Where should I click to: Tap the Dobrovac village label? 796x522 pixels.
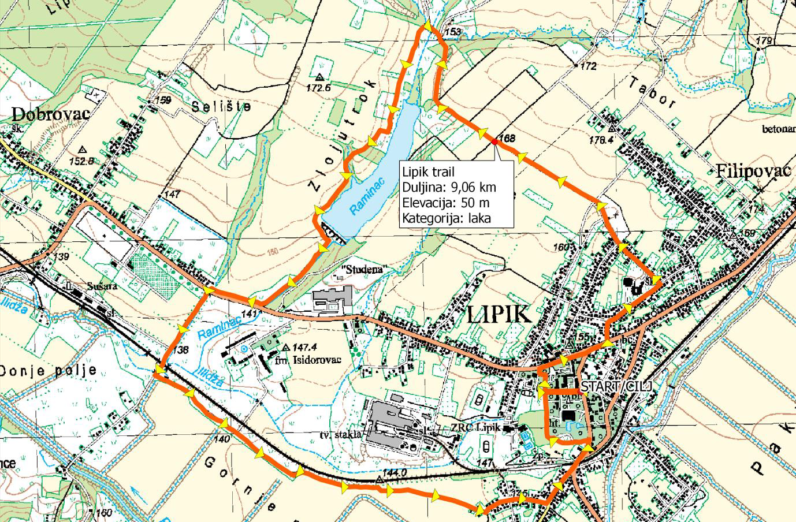(x=51, y=114)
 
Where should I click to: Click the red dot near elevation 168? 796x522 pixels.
(x=495, y=141)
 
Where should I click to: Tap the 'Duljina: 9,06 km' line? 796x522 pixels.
(x=449, y=188)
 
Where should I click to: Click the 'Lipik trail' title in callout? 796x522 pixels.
(x=428, y=172)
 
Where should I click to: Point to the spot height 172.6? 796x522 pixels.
(x=318, y=88)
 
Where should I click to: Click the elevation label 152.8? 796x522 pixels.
(x=81, y=161)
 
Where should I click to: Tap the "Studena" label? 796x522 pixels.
(x=362, y=270)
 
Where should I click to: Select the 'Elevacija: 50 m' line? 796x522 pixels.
(x=445, y=203)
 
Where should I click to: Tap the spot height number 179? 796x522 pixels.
(x=764, y=40)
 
